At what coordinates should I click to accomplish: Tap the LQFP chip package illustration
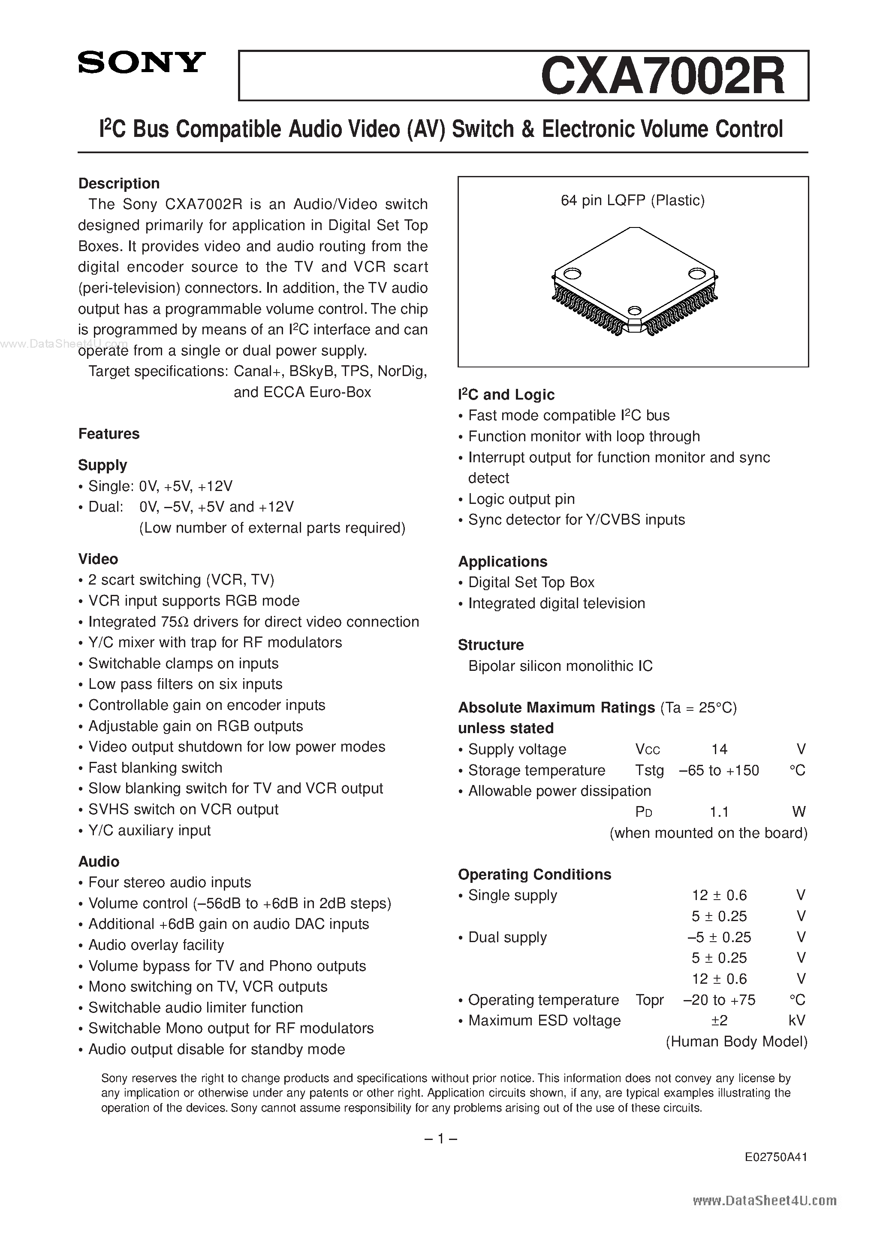point(634,280)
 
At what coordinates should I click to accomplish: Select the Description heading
point(119,183)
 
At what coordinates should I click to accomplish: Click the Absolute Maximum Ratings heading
point(556,707)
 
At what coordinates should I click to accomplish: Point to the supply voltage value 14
point(719,749)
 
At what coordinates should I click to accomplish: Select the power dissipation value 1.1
point(719,812)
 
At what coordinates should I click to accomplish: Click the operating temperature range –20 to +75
point(719,1000)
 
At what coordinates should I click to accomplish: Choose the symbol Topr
point(649,1000)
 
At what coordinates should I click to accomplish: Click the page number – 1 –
point(440,1139)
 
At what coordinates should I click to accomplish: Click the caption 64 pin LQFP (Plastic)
point(633,200)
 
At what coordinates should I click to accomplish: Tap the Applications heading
point(503,561)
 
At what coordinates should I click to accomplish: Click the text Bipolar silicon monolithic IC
point(561,666)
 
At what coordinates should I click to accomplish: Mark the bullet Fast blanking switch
point(155,767)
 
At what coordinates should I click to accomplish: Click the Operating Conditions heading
point(534,875)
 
